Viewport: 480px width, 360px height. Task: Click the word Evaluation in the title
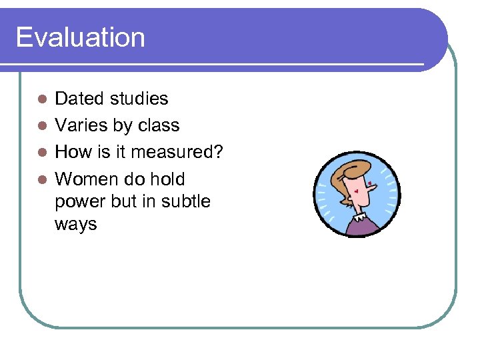80,37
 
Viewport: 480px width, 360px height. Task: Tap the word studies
140,99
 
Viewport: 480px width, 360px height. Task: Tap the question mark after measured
217,152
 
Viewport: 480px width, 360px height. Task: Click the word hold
167,179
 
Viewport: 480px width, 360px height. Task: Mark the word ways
75,225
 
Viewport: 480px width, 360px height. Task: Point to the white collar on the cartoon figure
360,214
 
